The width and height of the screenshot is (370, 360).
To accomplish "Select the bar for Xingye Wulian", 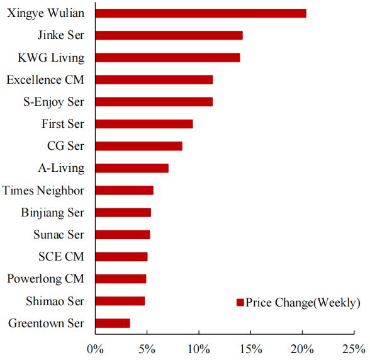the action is pos(201,13).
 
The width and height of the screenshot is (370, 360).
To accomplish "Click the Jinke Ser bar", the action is pos(169,35).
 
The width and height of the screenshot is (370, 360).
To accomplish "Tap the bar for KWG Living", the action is pos(168,58).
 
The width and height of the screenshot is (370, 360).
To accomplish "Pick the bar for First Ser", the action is pos(144,124).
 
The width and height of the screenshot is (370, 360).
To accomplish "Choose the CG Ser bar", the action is pos(138,146).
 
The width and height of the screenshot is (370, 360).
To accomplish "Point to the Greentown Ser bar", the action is pos(113,323).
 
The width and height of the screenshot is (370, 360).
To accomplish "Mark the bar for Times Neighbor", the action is pos(125,190).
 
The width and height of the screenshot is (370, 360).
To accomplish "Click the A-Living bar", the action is pos(132,168).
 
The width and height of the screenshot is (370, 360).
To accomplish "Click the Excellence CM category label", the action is pos(45,79).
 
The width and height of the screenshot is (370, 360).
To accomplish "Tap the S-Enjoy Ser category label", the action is pos(54,102).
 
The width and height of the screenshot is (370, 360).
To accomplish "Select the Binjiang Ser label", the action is pos(53,213).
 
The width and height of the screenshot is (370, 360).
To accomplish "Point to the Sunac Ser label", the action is pos(59,235).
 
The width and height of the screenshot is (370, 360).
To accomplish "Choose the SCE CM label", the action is pos(62,257).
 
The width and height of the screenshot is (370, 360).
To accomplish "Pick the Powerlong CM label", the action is pos(45,279).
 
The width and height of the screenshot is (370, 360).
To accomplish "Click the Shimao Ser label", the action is pos(55,301).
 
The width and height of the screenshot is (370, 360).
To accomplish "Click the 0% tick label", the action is pos(96,349).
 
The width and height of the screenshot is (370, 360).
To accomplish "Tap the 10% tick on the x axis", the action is pos(199,334).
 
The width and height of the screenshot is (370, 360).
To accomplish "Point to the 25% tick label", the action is pos(354,349).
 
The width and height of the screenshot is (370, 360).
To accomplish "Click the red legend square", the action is pos(240,303).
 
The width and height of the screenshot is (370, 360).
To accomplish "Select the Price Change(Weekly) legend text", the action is pos(303,303).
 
